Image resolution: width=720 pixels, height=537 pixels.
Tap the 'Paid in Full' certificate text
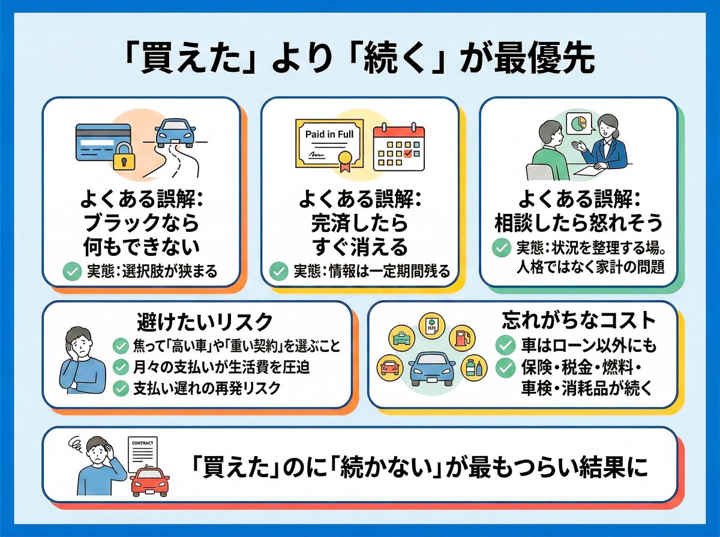click(x=329, y=134)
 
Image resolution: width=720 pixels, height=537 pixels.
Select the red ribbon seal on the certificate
click(x=344, y=161)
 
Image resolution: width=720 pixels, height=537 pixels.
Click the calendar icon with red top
click(x=398, y=147)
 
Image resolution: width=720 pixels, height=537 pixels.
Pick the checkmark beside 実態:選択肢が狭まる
click(x=73, y=273)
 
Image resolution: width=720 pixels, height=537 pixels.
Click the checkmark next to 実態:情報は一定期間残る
click(x=279, y=271)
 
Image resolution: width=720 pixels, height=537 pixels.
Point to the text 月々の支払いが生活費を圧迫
click(x=220, y=367)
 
